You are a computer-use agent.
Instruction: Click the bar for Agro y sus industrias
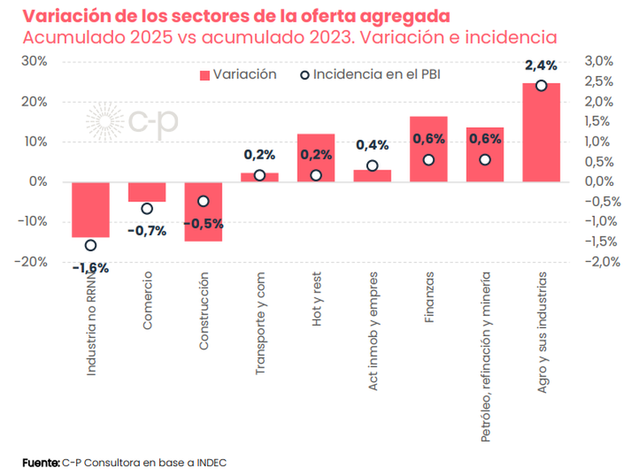tap(541, 133)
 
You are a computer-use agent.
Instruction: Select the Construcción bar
tap(203, 212)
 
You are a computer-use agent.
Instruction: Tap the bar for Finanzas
tap(429, 150)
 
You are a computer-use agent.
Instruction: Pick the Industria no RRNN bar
tap(91, 209)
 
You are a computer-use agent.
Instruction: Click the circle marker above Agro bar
tap(541, 86)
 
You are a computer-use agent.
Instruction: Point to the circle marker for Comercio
tap(146, 209)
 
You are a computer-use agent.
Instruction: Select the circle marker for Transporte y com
tap(260, 175)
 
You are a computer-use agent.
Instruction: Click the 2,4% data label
tap(541, 65)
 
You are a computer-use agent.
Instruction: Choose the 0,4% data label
tap(372, 145)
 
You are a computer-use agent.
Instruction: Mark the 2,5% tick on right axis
tap(598, 82)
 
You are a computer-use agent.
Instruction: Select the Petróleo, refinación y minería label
tap(485, 356)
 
